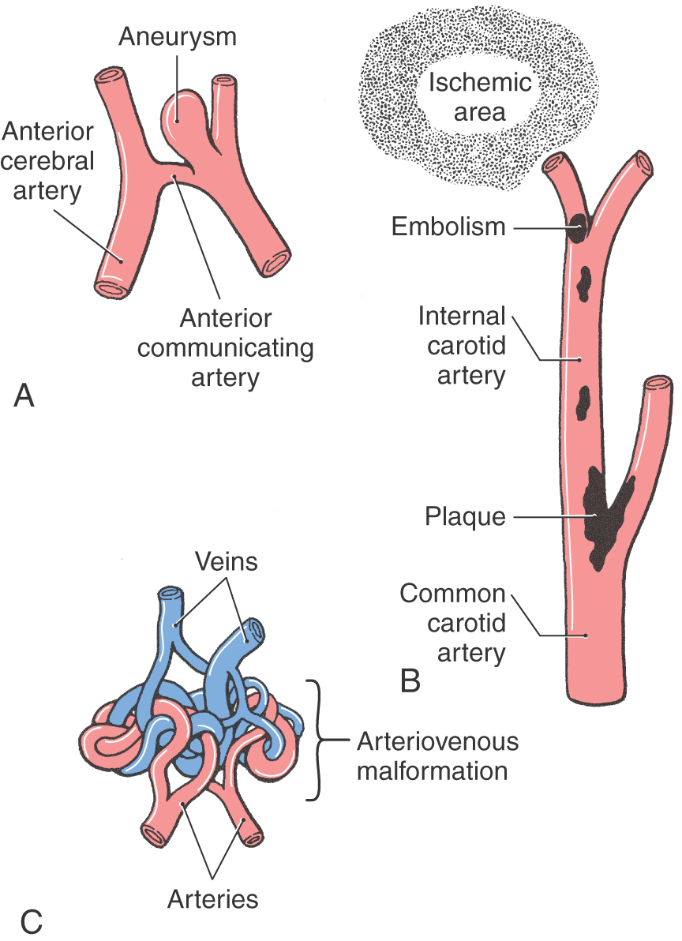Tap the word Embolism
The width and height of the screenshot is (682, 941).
(448, 227)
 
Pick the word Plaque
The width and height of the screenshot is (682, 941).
(465, 517)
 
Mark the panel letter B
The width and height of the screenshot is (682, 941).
(410, 680)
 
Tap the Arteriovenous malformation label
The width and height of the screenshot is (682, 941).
(437, 755)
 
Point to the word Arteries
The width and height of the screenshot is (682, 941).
(212, 898)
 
